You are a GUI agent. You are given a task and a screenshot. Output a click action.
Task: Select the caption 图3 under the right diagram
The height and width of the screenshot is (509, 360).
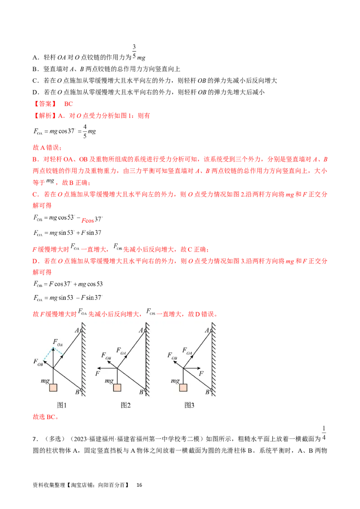click(189, 405)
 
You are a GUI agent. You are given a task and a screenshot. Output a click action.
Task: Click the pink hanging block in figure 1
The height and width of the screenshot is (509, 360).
click(53, 388)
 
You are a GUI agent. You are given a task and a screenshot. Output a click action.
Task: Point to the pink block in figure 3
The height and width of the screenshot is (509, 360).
click(183, 388)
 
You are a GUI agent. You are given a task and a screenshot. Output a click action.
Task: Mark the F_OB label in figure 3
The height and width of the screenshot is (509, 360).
click(172, 356)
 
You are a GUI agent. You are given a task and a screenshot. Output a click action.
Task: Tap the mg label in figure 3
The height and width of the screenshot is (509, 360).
click(175, 381)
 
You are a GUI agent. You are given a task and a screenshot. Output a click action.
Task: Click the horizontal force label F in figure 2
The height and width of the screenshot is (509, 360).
click(98, 373)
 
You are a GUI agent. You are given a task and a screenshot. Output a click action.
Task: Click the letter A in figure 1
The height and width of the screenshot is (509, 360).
click(77, 330)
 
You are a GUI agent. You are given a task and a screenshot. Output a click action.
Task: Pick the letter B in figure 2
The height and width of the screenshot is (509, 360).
click(141, 392)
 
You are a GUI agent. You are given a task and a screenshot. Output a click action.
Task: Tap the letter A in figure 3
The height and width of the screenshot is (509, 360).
click(207, 330)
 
